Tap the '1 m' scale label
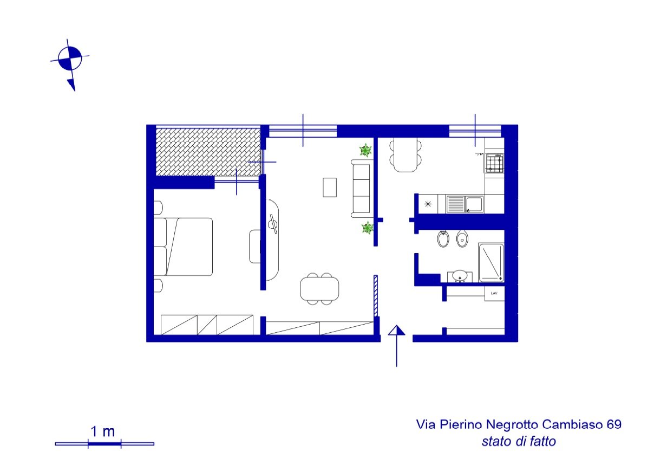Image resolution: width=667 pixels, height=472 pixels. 103,432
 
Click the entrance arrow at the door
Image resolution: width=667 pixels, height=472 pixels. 397,346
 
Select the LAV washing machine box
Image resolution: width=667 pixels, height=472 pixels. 494,294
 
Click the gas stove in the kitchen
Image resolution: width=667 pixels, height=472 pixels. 495,163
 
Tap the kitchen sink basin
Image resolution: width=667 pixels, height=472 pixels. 474,204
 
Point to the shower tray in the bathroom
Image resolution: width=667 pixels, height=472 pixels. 492,263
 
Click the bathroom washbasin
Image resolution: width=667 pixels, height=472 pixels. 460,276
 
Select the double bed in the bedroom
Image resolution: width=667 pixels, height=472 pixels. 183,247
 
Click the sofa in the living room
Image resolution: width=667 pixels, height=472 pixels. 361,189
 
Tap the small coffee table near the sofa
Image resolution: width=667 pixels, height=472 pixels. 330,187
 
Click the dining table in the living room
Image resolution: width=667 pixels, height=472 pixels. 319,289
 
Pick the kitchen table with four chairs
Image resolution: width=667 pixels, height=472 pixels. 406,154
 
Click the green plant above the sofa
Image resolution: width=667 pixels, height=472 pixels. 365,150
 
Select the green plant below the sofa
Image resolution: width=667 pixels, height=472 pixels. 368,228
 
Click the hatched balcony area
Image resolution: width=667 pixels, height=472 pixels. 208,152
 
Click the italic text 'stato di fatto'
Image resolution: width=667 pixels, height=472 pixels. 519,441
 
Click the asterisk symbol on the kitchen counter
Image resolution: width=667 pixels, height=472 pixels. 428,204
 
